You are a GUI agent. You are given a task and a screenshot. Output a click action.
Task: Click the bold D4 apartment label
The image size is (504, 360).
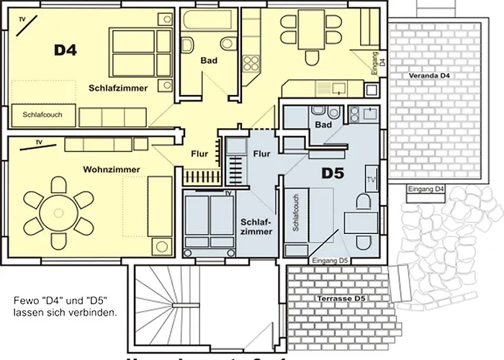pyautogui.click(x=66, y=50)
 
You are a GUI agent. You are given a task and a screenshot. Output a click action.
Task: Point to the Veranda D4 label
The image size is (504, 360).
pyautogui.click(x=429, y=76)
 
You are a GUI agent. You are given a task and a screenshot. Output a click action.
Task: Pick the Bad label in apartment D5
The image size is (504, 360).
pyautogui.click(x=323, y=125)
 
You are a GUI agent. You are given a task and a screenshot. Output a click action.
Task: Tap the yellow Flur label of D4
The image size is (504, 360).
pyautogui.click(x=199, y=153)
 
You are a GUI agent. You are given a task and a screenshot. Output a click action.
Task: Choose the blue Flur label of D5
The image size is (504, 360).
pyautogui.click(x=261, y=153)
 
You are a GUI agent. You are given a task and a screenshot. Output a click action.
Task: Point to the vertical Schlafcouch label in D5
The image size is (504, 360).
pyautogui.click(x=295, y=214)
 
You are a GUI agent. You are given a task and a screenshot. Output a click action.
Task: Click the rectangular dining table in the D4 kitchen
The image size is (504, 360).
pyautogui.click(x=312, y=27)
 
